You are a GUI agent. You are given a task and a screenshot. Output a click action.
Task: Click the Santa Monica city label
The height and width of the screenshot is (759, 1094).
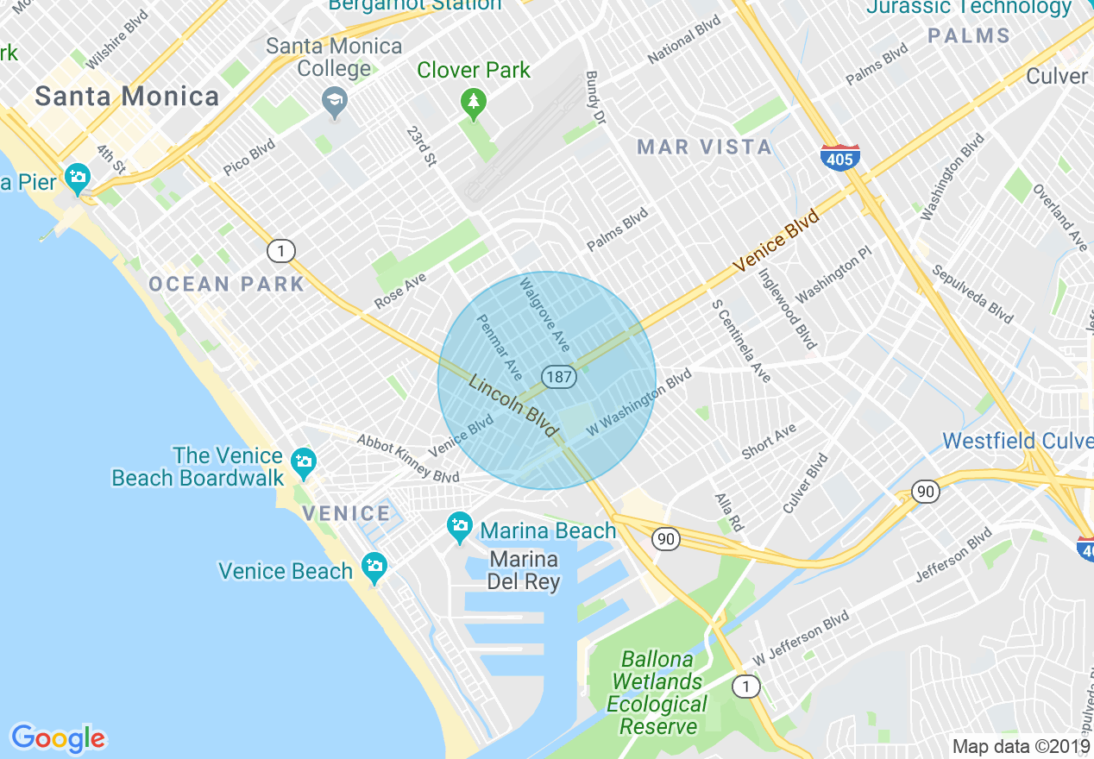click(127, 96)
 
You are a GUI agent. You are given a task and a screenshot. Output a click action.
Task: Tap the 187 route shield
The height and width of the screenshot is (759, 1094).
click(559, 376)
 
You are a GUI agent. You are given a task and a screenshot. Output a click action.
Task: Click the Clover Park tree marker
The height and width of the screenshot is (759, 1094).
click(472, 104)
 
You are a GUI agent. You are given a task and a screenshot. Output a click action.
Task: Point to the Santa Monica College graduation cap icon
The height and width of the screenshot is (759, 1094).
click(334, 103)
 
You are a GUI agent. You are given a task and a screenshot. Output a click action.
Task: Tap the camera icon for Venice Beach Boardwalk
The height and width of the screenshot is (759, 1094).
click(303, 462)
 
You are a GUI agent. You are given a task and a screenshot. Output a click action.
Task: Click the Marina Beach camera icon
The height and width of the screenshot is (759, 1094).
click(460, 526)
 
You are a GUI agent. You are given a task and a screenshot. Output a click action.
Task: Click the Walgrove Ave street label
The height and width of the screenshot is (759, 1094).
click(544, 314)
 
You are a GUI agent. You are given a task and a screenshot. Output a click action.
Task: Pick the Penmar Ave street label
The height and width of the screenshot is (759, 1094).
click(500, 346)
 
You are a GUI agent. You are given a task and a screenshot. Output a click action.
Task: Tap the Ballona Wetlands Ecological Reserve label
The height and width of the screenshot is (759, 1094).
click(656, 693)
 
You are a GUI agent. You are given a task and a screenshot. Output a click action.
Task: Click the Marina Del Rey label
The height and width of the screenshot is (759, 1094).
click(524, 570)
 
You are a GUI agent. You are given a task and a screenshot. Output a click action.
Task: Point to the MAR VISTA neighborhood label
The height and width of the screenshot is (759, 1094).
click(705, 147)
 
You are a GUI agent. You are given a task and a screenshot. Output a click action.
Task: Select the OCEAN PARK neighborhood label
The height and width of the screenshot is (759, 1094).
click(227, 285)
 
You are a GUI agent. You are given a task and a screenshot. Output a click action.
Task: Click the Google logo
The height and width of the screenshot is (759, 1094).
click(58, 738)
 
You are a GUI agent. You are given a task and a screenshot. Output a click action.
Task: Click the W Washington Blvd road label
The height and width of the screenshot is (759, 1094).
click(638, 403)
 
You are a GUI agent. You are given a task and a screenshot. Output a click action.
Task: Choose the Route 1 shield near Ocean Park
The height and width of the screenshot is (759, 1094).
click(280, 252)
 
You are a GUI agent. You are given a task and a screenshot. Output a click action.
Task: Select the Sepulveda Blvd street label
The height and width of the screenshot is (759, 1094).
click(972, 295)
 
